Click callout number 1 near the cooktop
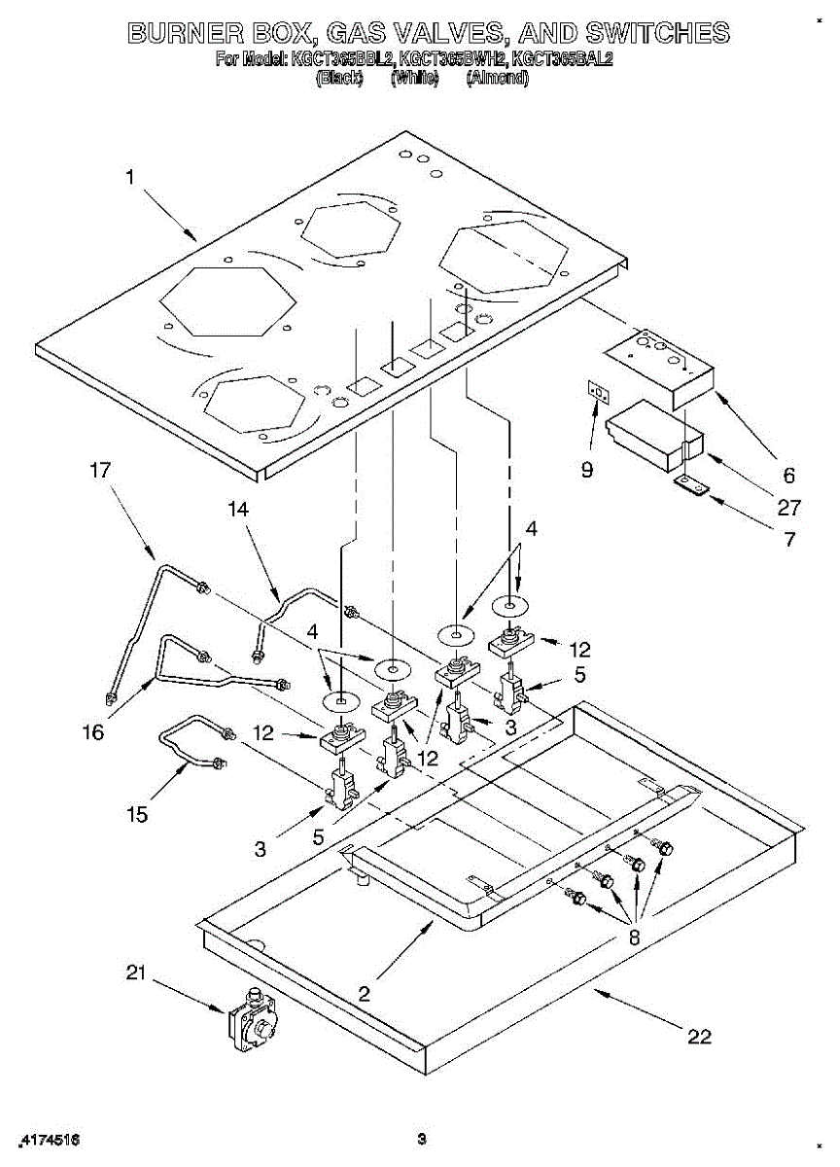pyautogui.click(x=129, y=177)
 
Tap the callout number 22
pyautogui.click(x=699, y=1037)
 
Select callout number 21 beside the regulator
pyautogui.click(x=136, y=972)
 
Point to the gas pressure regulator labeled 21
pyautogui.click(x=251, y=1021)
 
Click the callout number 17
pyautogui.click(x=100, y=470)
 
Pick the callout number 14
pyautogui.click(x=238, y=508)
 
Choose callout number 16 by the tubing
pyautogui.click(x=93, y=732)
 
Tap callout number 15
pyautogui.click(x=137, y=814)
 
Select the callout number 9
pyautogui.click(x=587, y=470)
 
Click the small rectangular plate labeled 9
pyautogui.click(x=599, y=392)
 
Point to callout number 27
pyautogui.click(x=788, y=508)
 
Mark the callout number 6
pyautogui.click(x=788, y=476)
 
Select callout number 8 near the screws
pyautogui.click(x=634, y=938)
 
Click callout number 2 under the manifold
pyautogui.click(x=365, y=993)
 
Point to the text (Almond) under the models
pyautogui.click(x=497, y=80)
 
